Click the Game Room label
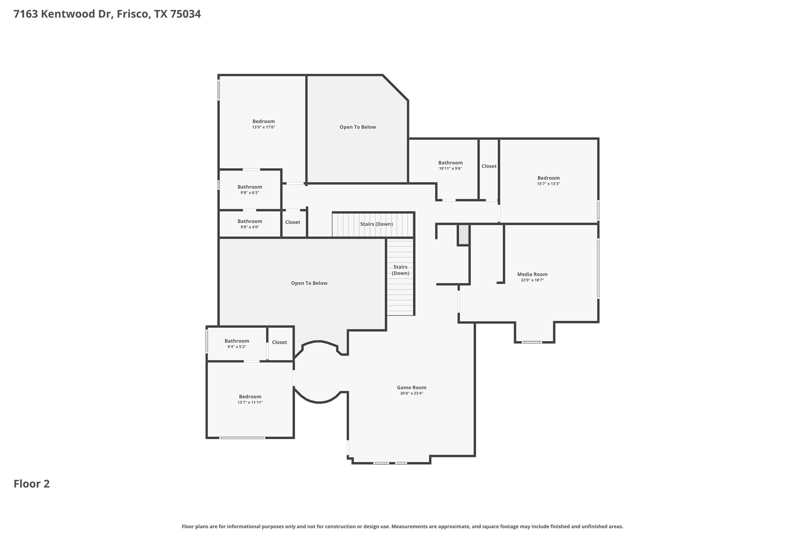[411, 387]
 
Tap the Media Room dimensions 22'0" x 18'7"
[532, 280]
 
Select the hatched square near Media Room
[463, 234]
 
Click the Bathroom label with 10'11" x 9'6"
[450, 162]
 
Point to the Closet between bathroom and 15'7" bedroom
[489, 166]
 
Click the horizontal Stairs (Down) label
[376, 224]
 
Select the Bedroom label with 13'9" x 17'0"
[264, 121]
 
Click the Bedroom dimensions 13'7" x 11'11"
[250, 402]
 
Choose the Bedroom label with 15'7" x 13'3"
[548, 178]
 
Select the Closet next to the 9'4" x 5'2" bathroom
[279, 342]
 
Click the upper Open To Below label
[358, 127]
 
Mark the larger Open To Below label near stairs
[309, 283]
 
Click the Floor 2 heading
[32, 484]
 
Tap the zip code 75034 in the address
[185, 14]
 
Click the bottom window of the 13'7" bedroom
[242, 438]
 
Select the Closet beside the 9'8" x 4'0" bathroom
[292, 222]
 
